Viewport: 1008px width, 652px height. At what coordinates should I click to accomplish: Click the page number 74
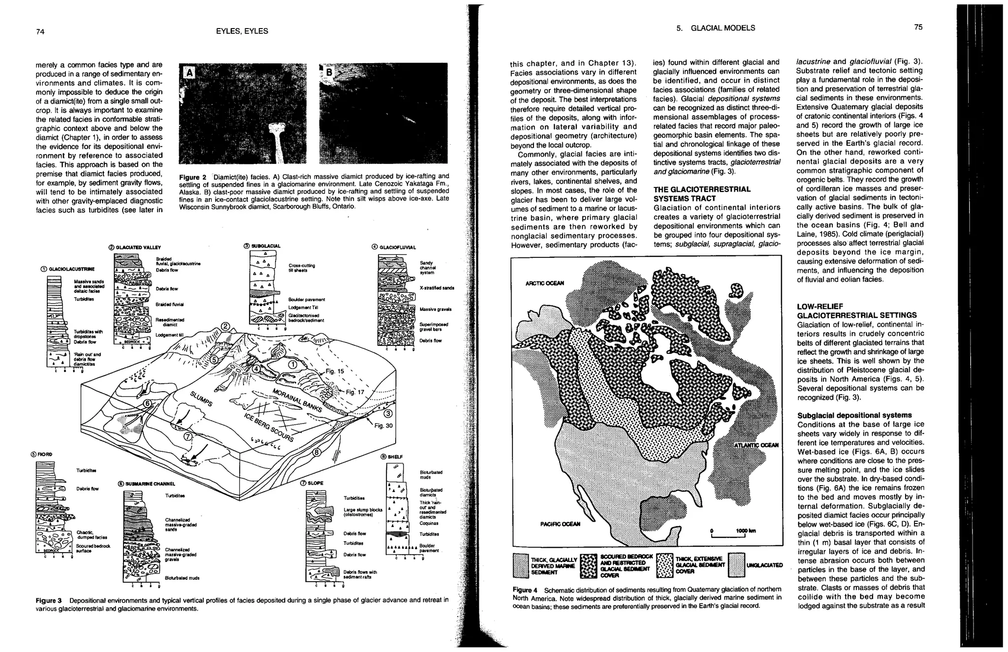pos(40,31)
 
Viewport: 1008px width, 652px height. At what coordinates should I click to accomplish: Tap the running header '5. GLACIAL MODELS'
pos(715,28)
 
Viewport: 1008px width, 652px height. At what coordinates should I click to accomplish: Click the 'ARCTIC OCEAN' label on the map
pos(545,283)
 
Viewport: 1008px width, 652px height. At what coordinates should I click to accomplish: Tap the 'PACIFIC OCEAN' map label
pos(561,524)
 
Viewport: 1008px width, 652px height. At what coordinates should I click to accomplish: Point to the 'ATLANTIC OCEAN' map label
pos(756,445)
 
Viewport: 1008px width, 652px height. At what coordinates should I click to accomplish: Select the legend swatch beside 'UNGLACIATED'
pos(736,565)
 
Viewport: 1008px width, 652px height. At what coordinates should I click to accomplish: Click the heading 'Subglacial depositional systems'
pos(854,415)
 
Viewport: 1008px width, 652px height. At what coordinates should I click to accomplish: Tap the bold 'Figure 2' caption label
pos(192,177)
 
